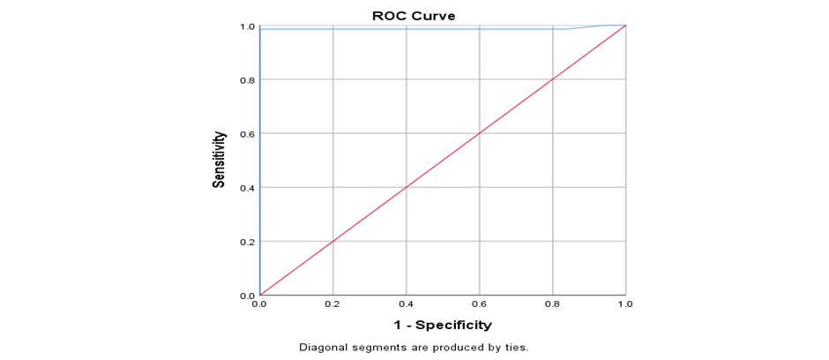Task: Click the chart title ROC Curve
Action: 414,16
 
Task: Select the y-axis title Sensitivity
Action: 219,160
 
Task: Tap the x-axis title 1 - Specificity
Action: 443,325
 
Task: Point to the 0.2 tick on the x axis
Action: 333,304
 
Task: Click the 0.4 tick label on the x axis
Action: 406,304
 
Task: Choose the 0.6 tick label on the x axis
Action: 480,304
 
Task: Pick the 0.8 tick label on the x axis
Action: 552,304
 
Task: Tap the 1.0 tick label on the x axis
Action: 625,304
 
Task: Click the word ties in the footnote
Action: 518,348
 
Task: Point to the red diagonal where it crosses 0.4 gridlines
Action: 406,187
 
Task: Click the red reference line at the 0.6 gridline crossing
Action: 480,133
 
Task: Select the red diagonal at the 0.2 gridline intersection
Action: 333,241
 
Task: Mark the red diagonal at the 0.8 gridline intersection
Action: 552,79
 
